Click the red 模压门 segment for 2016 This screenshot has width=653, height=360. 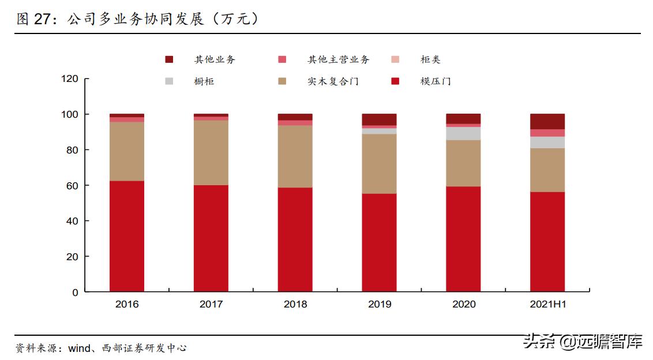[127, 236]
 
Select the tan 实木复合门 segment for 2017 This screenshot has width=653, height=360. [211, 152]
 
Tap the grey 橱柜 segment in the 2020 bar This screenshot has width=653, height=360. [463, 133]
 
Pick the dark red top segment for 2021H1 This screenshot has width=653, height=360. [547, 121]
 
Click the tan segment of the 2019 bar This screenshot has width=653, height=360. [379, 163]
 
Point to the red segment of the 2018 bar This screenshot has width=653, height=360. [295, 239]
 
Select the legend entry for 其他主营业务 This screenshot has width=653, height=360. [338, 59]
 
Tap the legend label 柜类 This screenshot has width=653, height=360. [430, 59]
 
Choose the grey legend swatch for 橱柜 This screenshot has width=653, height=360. [169, 81]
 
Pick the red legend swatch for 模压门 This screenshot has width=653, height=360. [395, 81]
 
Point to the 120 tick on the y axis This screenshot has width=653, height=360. [69, 79]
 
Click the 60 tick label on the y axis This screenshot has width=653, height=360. [72, 186]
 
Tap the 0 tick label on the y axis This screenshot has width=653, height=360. [75, 292]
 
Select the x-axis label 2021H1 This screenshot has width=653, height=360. [547, 304]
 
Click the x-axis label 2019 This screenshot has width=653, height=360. [379, 304]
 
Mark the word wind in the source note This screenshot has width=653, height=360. [79, 348]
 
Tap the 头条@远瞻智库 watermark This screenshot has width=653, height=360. [583, 342]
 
